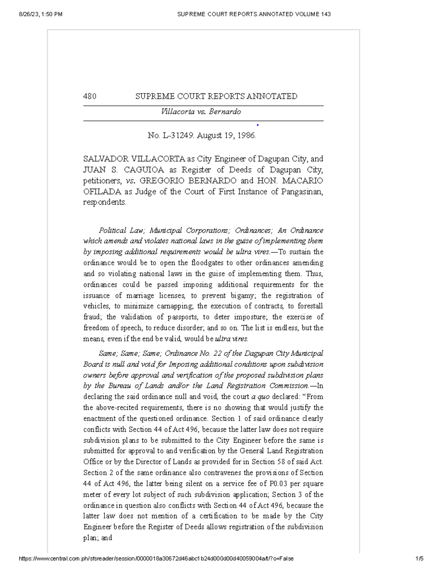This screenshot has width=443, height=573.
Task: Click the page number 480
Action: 90,96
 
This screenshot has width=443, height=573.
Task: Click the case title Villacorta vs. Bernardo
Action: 201,111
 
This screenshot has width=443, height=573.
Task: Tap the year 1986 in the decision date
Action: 246,135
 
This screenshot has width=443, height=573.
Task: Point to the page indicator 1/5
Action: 419,559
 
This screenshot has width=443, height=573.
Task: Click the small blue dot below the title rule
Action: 258,125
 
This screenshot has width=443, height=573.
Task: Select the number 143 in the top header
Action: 326,14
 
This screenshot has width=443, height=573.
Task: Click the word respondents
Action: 104,203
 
